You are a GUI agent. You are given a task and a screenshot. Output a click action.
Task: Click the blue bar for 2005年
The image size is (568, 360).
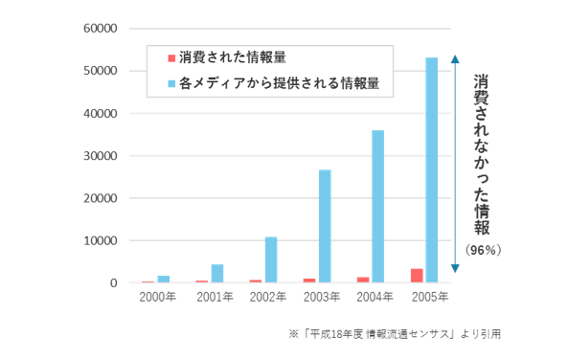click(431, 169)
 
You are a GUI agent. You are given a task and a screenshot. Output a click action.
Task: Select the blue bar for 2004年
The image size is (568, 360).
click(377, 207)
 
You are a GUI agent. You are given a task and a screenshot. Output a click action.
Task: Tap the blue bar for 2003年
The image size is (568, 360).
click(325, 226)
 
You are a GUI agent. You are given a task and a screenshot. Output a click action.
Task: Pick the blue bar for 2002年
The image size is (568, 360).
click(271, 259)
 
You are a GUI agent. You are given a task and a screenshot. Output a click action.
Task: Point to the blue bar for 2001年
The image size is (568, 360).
click(217, 274)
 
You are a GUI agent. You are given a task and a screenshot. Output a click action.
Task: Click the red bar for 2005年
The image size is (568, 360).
click(417, 276)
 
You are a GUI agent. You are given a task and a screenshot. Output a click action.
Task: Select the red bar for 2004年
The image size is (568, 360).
click(363, 280)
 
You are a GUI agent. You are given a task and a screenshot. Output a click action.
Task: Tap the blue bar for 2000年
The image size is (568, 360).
click(164, 280)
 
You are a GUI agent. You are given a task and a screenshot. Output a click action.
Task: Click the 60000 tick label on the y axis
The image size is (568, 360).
click(101, 29)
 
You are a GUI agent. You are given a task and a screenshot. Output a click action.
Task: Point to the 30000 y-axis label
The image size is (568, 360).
click(101, 156)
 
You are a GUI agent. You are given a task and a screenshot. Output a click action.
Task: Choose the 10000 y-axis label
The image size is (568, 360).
click(101, 240)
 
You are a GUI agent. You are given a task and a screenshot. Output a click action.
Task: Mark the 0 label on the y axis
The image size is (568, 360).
click(114, 282)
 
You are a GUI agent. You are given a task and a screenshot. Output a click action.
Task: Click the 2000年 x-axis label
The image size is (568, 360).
click(158, 297)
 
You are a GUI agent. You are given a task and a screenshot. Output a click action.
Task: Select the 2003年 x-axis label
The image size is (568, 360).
click(322, 297)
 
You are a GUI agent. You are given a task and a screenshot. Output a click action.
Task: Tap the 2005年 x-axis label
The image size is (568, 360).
click(430, 297)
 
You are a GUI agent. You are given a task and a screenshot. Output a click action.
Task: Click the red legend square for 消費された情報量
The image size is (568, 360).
click(171, 58)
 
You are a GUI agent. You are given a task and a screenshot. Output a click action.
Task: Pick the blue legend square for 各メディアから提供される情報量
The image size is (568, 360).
click(171, 84)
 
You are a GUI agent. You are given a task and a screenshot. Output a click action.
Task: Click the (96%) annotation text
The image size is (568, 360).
click(484, 250)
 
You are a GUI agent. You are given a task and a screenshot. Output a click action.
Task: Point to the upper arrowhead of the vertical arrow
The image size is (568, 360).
click(455, 59)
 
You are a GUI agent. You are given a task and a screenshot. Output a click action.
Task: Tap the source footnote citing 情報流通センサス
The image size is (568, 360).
click(395, 334)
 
